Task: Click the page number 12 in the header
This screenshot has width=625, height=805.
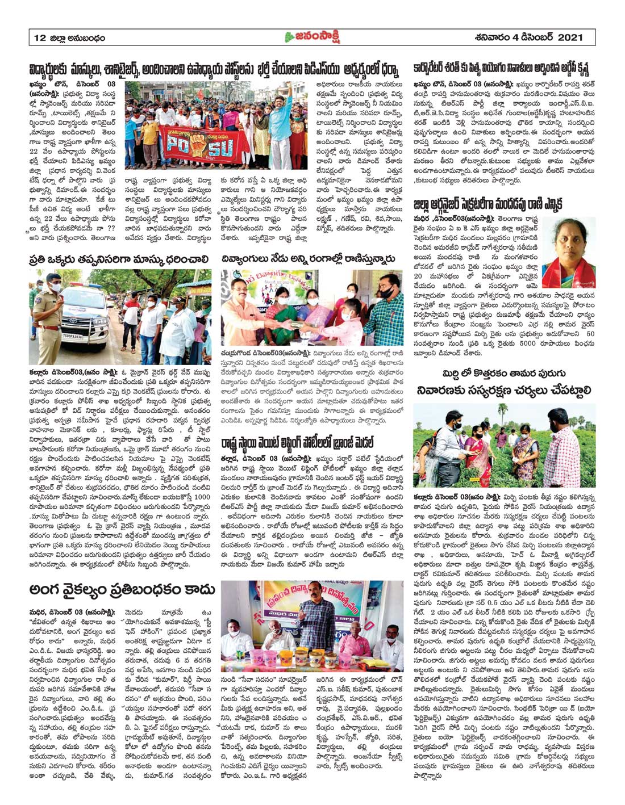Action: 39,39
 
